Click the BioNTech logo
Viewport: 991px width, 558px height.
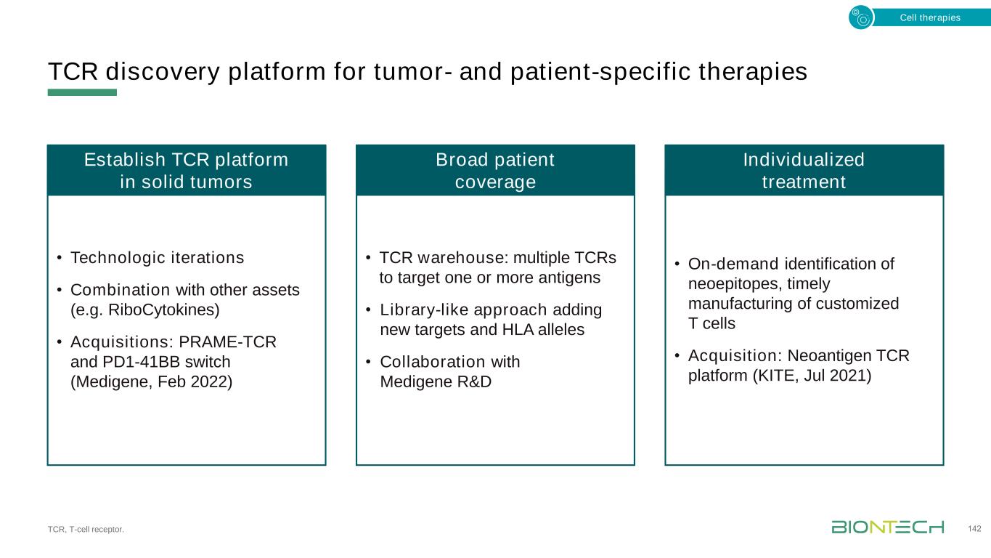tap(887, 527)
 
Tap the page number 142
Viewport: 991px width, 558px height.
tap(974, 529)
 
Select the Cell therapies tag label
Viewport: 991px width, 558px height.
tap(930, 17)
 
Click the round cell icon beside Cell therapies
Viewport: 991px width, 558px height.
tap(861, 17)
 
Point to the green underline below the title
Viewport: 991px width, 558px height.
tap(82, 92)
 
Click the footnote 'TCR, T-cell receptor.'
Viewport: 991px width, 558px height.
tap(86, 529)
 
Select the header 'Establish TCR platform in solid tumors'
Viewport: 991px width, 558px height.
tap(187, 171)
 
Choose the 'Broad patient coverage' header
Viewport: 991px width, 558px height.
tap(495, 171)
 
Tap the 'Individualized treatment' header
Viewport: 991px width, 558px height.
tap(804, 171)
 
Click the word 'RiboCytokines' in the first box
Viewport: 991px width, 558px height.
tap(161, 310)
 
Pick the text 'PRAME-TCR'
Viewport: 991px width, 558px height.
tap(227, 342)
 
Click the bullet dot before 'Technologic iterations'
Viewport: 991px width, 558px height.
tap(60, 257)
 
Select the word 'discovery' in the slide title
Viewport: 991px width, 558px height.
tap(163, 72)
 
